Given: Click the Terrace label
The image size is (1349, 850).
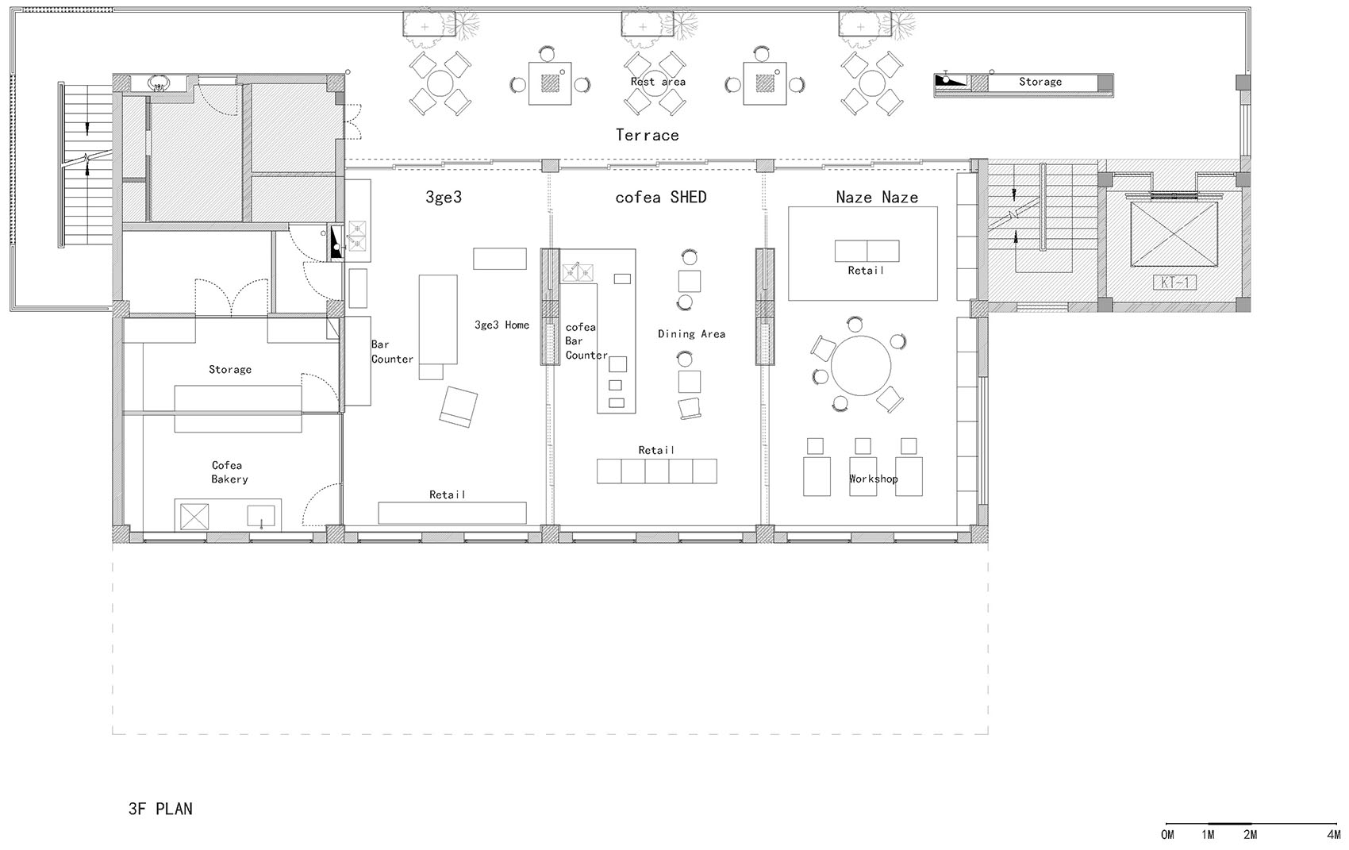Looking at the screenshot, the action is [x=647, y=135].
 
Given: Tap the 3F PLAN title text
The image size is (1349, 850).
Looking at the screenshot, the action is [x=160, y=809].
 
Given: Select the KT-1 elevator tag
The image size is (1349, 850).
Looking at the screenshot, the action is [x=1174, y=282].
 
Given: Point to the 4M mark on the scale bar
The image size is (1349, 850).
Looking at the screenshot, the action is [x=1332, y=834].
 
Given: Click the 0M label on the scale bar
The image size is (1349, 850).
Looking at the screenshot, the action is [x=1167, y=834].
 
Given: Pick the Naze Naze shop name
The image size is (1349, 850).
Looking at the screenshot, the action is [x=877, y=197].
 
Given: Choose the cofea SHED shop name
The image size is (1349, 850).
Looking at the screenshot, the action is [x=661, y=197].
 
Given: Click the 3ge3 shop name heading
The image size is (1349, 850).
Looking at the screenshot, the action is [x=444, y=197].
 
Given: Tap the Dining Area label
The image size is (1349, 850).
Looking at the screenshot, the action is [x=691, y=334].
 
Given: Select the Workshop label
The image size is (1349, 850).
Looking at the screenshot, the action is [x=873, y=479].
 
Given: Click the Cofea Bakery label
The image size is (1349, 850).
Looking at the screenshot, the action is [x=229, y=471].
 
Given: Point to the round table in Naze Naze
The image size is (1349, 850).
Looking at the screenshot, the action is [x=861, y=366].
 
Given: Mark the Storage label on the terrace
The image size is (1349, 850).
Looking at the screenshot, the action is [x=1040, y=81].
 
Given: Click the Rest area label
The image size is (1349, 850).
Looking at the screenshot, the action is [x=658, y=81].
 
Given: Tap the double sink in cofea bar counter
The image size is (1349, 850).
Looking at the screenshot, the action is [x=578, y=273].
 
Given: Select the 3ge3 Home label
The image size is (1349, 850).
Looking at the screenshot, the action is [x=502, y=325].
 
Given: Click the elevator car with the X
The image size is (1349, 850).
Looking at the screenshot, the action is [x=1174, y=234].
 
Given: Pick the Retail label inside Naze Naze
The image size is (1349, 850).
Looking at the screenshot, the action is [x=866, y=271].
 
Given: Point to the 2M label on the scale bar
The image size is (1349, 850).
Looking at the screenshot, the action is [x=1251, y=834].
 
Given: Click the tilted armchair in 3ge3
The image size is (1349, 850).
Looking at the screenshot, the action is [x=459, y=406].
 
